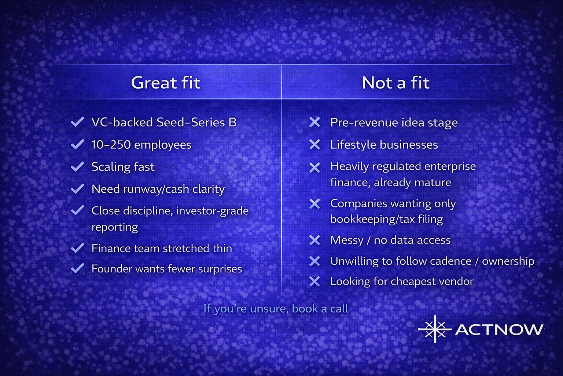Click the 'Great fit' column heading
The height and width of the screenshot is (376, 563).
166,83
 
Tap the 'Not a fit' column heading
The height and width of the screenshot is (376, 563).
395,83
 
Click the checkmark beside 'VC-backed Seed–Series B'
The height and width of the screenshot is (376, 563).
77,122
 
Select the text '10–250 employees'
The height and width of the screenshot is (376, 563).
141,145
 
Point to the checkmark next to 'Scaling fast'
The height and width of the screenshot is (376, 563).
77,166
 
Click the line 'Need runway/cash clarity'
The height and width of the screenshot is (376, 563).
158,189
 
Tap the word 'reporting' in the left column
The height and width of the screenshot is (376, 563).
115,227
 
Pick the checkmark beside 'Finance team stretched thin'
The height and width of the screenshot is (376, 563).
77,248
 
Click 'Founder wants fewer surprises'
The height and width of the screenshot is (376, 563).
167,269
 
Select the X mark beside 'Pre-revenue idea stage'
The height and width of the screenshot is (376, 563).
315,122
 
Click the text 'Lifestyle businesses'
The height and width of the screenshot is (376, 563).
384,145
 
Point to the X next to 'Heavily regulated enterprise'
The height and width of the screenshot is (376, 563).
315,168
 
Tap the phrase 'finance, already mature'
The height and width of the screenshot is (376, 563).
391,182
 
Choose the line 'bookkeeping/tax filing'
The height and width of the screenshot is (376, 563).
387,219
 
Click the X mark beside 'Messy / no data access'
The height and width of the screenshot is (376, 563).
315,240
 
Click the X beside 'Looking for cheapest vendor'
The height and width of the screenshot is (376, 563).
315,281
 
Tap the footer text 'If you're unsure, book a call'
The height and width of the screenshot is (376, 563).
276,309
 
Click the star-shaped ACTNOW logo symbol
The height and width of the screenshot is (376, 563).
435,329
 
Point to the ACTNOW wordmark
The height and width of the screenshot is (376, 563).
499,330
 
